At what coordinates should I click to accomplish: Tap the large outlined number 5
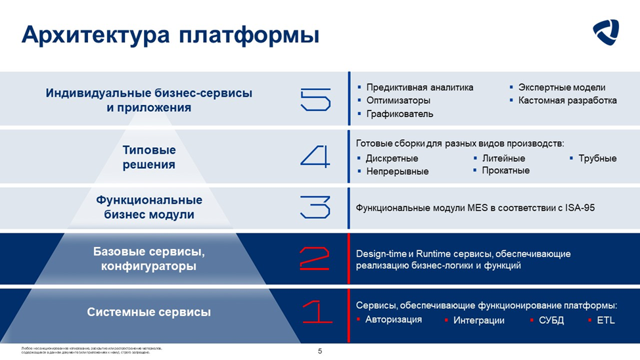[x=315, y=100]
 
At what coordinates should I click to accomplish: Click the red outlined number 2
[x=315, y=258]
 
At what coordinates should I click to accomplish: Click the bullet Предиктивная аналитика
[x=419, y=87]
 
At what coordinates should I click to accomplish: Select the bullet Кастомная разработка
[x=567, y=101]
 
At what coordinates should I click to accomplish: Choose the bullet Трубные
[x=597, y=158]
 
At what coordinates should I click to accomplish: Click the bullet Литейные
[x=503, y=158]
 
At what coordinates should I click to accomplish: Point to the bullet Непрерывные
[x=397, y=171]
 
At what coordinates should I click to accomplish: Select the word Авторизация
[x=394, y=320]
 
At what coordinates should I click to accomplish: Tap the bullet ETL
[x=605, y=321]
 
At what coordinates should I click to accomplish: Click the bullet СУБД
[x=551, y=321]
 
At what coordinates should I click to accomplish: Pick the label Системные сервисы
[x=149, y=312]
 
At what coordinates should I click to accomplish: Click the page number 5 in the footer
[x=320, y=351]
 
